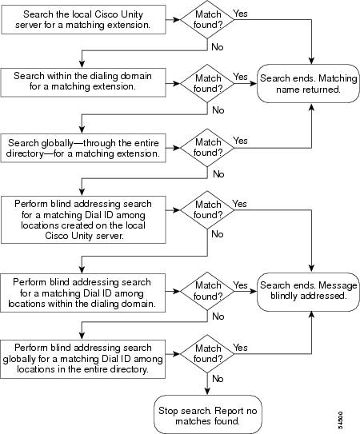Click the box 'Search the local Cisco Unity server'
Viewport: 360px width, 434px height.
tap(83, 20)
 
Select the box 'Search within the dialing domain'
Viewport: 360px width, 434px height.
tap(83, 82)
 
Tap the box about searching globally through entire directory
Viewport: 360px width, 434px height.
tap(83, 148)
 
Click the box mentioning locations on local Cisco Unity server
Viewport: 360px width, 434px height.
tap(83, 220)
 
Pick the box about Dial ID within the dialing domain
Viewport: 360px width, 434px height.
tap(83, 293)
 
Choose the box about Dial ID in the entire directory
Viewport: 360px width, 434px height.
tap(83, 359)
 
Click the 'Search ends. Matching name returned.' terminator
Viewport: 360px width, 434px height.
tap(308, 84)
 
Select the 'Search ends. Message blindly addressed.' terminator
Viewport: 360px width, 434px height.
tap(308, 292)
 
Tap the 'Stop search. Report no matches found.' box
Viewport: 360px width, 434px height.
tap(207, 414)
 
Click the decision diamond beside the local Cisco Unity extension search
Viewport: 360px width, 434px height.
tap(207, 20)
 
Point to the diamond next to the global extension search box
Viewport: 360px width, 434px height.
tap(207, 148)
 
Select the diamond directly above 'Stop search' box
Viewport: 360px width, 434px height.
tap(207, 354)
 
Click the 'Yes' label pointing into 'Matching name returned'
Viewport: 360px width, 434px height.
tap(240, 77)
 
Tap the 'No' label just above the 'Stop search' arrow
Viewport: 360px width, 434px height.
tap(218, 378)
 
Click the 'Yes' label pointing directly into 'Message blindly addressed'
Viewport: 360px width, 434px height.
tap(240, 285)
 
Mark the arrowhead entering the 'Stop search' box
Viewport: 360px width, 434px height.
tap(207, 392)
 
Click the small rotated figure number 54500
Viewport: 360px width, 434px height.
tap(340, 420)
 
